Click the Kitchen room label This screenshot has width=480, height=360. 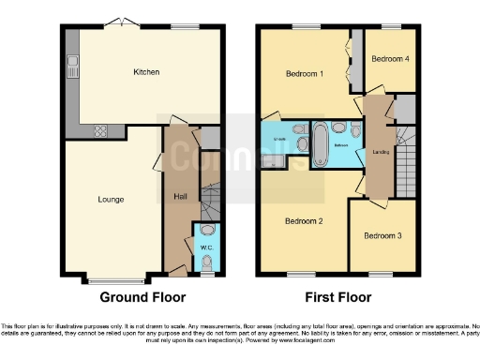(146, 71)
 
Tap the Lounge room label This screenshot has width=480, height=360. (111, 198)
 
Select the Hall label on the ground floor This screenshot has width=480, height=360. (179, 195)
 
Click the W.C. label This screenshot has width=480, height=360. (207, 248)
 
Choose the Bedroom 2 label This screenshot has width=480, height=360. (304, 220)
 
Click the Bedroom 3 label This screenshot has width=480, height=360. (382, 235)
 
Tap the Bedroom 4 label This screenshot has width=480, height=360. (389, 58)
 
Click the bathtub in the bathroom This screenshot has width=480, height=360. (318, 143)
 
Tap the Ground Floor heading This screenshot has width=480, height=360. (143, 297)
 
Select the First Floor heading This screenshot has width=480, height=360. (337, 297)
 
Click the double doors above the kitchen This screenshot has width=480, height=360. (119, 22)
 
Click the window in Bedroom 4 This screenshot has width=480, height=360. (387, 25)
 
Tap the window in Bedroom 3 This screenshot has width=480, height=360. (380, 273)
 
